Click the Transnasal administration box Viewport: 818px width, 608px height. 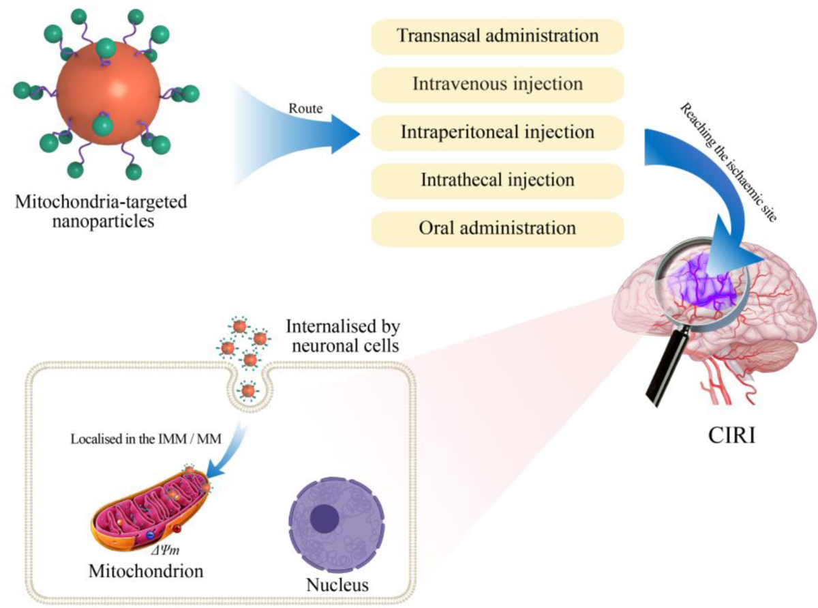[497, 37]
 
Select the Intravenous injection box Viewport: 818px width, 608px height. [497, 85]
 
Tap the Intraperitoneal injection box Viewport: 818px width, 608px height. [497, 133]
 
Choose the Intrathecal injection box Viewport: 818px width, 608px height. [497, 181]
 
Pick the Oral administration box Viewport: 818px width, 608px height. [497, 229]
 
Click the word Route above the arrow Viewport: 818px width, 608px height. [305, 108]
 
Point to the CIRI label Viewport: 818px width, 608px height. [731, 435]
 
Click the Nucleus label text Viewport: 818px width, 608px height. [337, 585]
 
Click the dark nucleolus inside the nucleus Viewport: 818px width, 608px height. [324, 518]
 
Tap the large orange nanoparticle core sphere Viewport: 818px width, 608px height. [108, 93]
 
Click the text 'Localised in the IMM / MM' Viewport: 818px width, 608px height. [146, 439]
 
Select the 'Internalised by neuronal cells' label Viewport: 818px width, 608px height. [344, 336]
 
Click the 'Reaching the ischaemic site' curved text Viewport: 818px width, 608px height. [729, 162]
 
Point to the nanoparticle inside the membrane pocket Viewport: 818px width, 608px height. [248, 390]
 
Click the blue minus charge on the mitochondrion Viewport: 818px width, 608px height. [150, 535]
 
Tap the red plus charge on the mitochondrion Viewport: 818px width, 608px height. [177, 529]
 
